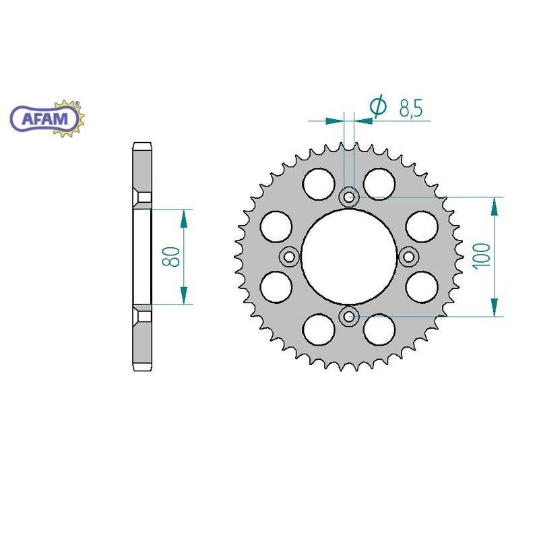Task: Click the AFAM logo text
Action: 45,119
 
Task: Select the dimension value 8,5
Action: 411,108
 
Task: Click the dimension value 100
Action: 482,256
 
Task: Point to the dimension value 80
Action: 171,257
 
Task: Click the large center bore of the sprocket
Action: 349,257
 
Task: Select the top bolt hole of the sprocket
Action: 349,197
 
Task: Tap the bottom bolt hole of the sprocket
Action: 349,316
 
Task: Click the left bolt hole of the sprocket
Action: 290,257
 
